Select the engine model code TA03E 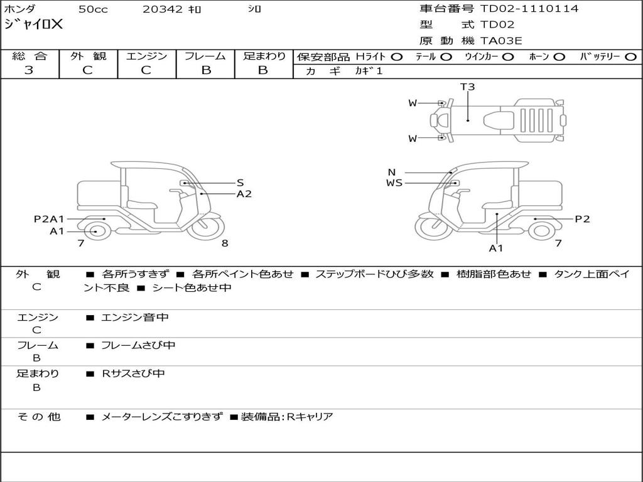pyautogui.click(x=501, y=41)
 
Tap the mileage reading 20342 pyautogui.click(x=163, y=9)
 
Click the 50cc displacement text pyautogui.click(x=93, y=9)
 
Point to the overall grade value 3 pyautogui.click(x=29, y=70)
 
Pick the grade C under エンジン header pyautogui.click(x=146, y=70)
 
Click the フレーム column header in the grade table pyautogui.click(x=205, y=56)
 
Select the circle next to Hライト pyautogui.click(x=397, y=57)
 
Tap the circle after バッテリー pyautogui.click(x=630, y=57)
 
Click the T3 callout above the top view pyautogui.click(x=468, y=87)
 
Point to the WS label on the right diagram pyautogui.click(x=394, y=183)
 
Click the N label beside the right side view pyautogui.click(x=392, y=173)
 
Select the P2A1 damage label pyautogui.click(x=49, y=219)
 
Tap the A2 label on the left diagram pyautogui.click(x=244, y=194)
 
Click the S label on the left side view pyautogui.click(x=240, y=183)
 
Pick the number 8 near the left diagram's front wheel pyautogui.click(x=224, y=244)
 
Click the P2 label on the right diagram pyautogui.click(x=582, y=219)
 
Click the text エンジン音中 pyautogui.click(x=135, y=318)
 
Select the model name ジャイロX pyautogui.click(x=34, y=25)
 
